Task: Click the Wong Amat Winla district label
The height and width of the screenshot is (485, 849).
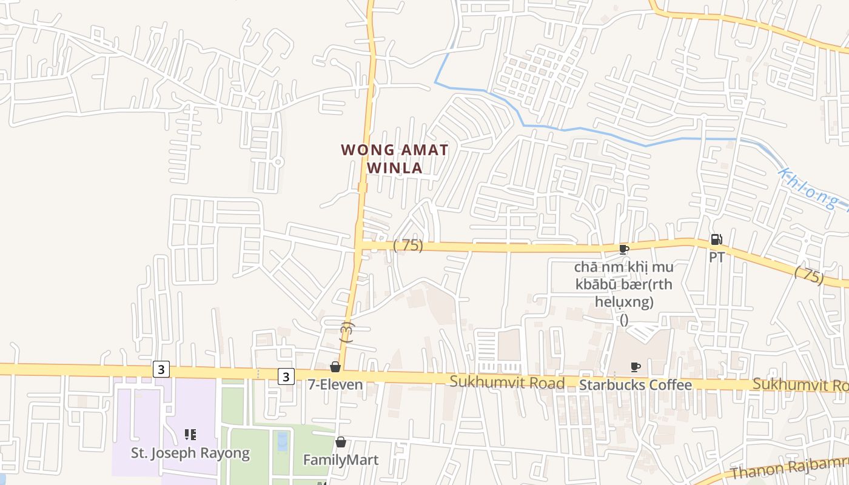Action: coord(395,158)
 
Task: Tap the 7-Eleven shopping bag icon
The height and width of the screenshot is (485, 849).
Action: coord(335,367)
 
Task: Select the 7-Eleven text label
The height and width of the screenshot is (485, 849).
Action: coord(335,384)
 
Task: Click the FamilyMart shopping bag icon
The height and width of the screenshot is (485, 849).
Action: coord(341,442)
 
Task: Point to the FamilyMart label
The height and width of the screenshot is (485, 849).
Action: coord(341,460)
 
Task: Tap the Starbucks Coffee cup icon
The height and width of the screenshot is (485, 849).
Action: coord(635,367)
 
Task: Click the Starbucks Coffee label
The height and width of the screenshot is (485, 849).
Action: coord(635,385)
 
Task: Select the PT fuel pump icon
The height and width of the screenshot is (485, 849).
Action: coord(716,239)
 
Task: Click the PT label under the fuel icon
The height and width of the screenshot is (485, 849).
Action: coord(716,257)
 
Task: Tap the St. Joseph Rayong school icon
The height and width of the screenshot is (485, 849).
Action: coord(190,435)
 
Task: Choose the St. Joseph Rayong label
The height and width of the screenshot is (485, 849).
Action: coord(190,453)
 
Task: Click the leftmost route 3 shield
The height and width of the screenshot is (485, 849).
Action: coord(161,369)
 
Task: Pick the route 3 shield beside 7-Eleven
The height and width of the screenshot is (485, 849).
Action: coord(286,376)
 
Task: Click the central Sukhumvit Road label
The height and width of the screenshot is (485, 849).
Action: coord(507,383)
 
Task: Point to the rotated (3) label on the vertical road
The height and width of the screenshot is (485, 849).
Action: coord(346,332)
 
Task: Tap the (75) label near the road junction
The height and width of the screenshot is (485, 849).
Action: coord(408,246)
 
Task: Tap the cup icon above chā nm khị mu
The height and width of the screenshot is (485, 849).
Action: coord(623,249)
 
